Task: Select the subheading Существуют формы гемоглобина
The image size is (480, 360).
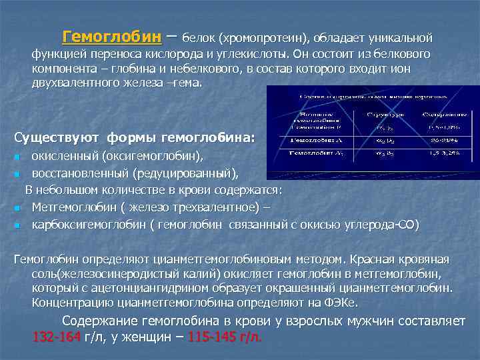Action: coord(134,137)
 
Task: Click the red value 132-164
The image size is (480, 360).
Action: coord(57,336)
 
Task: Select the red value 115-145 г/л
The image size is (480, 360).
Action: coord(225,336)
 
